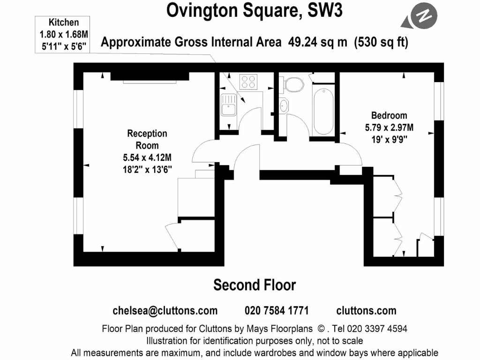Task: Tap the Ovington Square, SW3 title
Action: [255, 11]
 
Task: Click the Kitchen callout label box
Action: [64, 35]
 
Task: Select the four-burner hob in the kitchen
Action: [249, 82]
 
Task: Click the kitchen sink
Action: [228, 105]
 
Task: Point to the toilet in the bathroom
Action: [293, 85]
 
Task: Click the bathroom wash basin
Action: [284, 106]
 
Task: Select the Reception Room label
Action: [147, 139]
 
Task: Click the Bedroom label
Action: [389, 115]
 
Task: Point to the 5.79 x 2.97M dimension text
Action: [389, 127]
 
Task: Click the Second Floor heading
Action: [255, 285]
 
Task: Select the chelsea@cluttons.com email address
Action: [165, 311]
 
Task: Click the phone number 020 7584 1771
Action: [277, 311]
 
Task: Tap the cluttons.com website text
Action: [366, 311]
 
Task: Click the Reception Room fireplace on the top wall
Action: [150, 78]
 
